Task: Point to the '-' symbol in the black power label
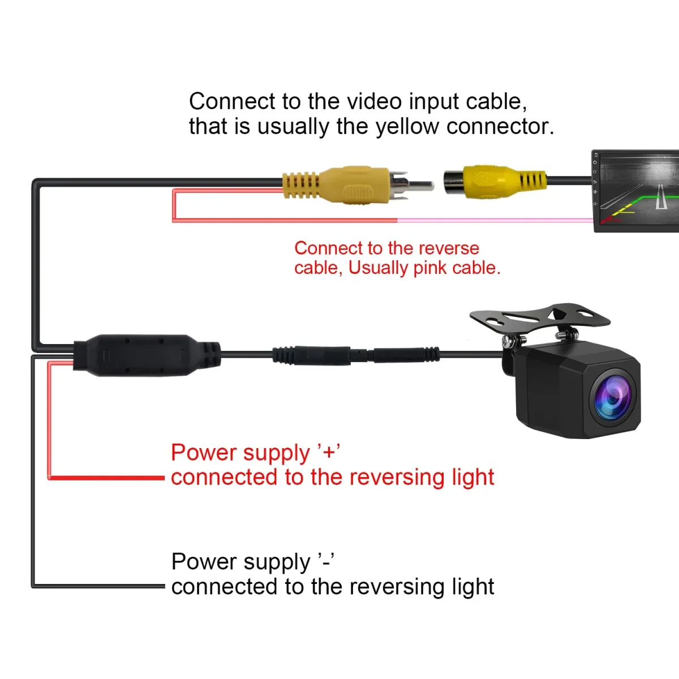[x=326, y=561]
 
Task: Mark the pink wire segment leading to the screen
[x=492, y=220]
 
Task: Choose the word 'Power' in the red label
[x=204, y=453]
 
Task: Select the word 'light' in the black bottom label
[x=473, y=587]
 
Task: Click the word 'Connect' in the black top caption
[x=232, y=101]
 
